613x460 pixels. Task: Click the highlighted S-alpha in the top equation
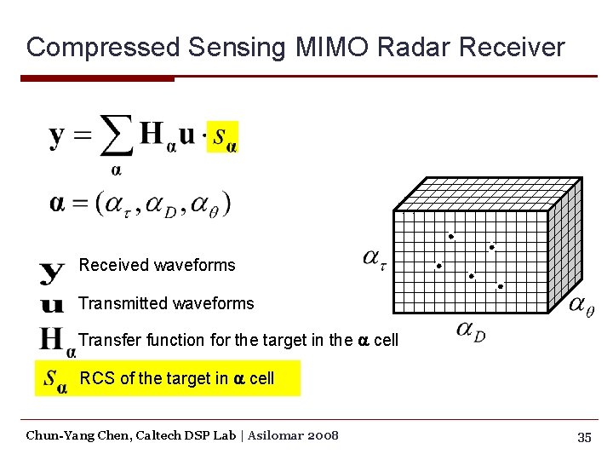coord(223,136)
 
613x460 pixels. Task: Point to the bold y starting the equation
coord(57,136)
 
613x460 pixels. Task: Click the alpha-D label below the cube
coord(470,330)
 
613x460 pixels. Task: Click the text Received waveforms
coord(157,265)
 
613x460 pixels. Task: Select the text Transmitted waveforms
coord(166,303)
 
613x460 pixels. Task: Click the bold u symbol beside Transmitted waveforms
coord(52,304)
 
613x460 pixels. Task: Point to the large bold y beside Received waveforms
coord(52,273)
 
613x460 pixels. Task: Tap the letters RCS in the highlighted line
coord(96,378)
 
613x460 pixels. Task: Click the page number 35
coord(584,437)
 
